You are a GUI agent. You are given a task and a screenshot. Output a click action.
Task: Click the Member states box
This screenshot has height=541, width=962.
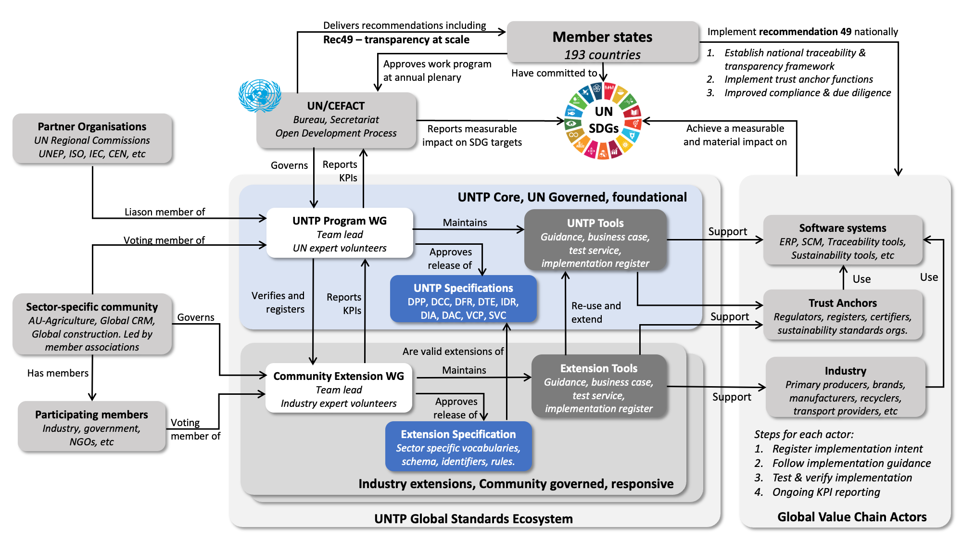tap(602, 42)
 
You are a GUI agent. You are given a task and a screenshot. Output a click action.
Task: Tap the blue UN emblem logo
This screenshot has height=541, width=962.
tap(260, 96)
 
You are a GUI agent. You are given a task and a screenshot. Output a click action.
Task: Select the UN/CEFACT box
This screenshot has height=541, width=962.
tap(336, 120)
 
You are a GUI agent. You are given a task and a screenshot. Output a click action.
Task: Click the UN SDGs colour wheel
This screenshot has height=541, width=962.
tap(603, 121)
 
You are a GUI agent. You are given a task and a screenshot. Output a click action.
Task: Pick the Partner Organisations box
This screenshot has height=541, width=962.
tap(92, 139)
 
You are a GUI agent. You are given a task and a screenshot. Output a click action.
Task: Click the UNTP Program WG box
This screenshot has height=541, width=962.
tap(340, 233)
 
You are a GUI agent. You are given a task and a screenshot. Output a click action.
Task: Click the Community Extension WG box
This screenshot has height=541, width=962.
tap(339, 389)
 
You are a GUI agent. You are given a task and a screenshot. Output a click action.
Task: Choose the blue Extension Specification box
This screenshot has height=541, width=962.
tap(458, 447)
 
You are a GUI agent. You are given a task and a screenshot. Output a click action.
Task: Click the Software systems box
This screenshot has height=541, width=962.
tap(842, 240)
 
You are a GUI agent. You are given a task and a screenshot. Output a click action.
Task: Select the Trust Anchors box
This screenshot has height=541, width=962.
tap(842, 315)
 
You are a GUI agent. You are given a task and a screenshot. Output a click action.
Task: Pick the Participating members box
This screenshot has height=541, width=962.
tap(91, 427)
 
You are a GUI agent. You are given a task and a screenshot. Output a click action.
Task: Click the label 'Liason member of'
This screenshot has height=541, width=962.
tap(165, 212)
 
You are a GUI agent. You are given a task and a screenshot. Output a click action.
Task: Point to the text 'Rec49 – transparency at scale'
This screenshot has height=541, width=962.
tap(396, 39)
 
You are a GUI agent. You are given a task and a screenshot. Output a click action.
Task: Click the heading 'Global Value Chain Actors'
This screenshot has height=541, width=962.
tap(851, 516)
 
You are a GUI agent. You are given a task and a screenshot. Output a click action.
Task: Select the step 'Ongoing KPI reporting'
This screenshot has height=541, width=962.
tap(826, 492)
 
